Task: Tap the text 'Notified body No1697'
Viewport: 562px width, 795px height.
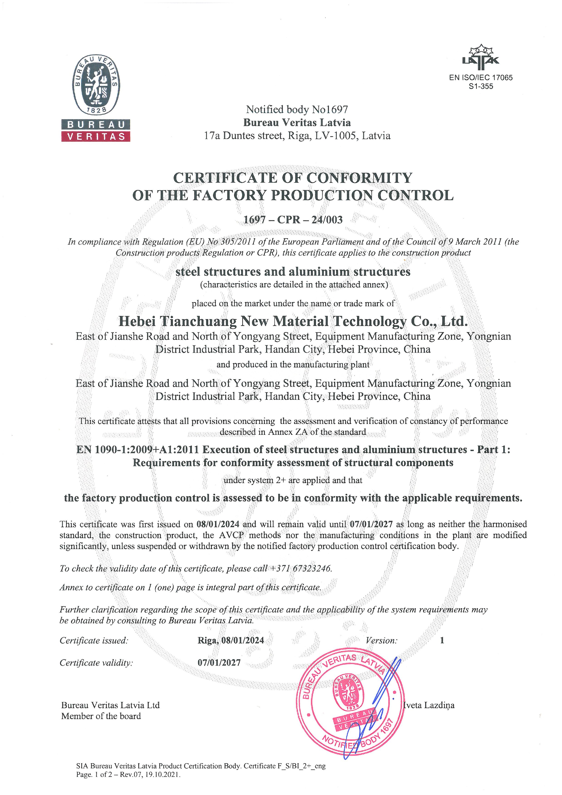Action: (x=297, y=109)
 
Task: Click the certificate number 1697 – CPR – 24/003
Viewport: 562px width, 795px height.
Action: (x=293, y=219)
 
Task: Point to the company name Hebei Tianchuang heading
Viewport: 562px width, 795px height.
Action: (x=293, y=321)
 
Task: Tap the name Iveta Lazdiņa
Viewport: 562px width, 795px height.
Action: (x=429, y=705)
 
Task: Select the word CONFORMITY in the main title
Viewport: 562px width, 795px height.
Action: (x=360, y=178)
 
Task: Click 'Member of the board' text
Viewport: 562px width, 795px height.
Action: (x=101, y=716)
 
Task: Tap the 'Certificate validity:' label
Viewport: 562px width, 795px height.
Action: (x=96, y=663)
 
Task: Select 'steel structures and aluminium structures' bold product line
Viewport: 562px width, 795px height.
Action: (x=293, y=272)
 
